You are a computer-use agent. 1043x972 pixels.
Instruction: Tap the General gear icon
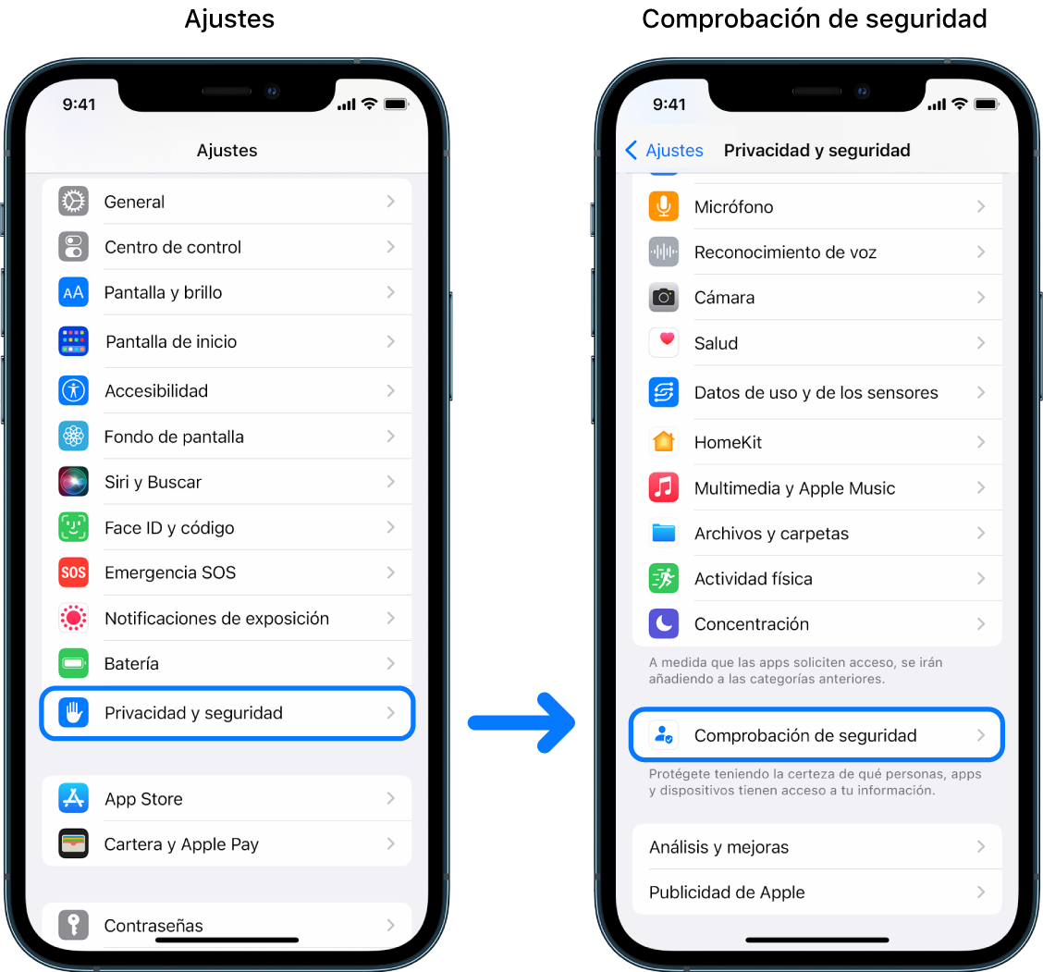[x=73, y=202]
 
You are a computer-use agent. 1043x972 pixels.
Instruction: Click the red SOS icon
[x=73, y=572]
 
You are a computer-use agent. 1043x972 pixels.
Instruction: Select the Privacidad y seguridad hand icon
[x=73, y=712]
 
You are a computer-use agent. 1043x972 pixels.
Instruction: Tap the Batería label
[x=131, y=663]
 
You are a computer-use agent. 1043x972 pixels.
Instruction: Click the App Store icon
[x=73, y=798]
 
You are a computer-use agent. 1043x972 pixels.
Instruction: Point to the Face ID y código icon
[x=73, y=527]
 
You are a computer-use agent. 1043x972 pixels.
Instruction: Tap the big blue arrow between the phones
[x=521, y=721]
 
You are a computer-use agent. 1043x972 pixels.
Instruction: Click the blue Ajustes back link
[x=665, y=150]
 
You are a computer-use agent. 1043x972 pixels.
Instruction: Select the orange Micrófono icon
[x=663, y=206]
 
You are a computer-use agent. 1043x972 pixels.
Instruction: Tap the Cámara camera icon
[x=663, y=297]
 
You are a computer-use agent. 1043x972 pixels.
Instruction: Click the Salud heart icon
[x=663, y=342]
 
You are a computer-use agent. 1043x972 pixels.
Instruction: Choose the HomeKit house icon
[x=663, y=442]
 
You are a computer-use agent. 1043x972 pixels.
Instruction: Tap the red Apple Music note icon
[x=663, y=487]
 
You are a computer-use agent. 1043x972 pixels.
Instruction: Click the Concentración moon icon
[x=663, y=623]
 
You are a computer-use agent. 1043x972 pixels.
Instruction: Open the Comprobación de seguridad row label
[x=805, y=735]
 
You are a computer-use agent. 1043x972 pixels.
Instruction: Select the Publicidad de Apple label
[x=727, y=892]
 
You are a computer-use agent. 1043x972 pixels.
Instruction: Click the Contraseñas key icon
[x=73, y=924]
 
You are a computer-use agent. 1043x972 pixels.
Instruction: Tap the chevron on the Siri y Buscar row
[x=391, y=482]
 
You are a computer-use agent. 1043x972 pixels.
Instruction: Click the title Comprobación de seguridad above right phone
[x=814, y=18]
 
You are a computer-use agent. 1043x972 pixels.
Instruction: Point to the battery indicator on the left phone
[x=396, y=105]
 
